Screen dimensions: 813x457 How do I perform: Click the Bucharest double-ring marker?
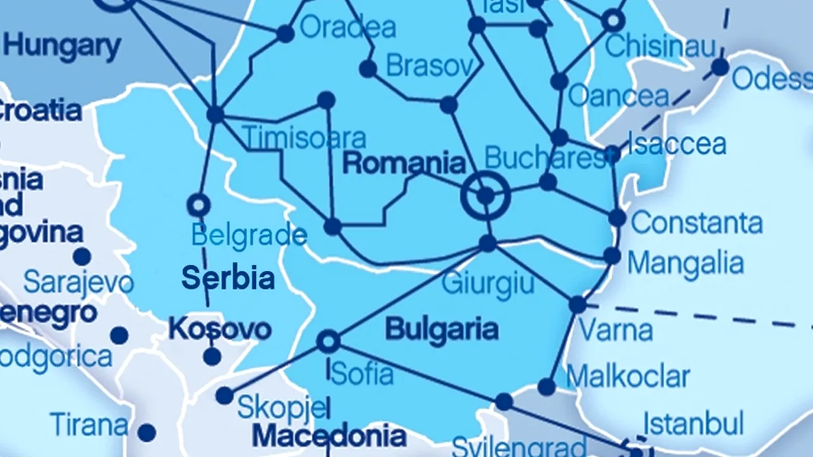(485, 195)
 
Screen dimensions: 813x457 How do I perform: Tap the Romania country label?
(404, 163)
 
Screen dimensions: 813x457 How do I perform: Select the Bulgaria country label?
(441, 329)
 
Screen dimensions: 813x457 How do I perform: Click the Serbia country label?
(228, 278)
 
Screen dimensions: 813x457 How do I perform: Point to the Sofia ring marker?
(328, 341)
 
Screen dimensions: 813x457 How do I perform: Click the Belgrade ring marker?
(198, 205)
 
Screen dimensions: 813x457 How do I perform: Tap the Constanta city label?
(697, 223)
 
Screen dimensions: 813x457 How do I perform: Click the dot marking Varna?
(577, 305)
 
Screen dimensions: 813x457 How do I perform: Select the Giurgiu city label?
(488, 283)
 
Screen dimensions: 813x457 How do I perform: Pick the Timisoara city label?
(304, 138)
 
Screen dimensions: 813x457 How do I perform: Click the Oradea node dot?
(285, 34)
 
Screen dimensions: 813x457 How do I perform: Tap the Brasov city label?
(430, 65)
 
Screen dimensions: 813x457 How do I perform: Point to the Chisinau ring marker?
(613, 20)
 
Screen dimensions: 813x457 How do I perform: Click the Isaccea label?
(677, 144)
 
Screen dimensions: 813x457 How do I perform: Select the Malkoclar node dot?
(546, 386)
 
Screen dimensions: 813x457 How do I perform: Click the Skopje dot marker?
(224, 395)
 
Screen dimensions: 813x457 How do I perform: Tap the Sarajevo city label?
(79, 283)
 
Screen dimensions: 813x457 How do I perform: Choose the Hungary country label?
(62, 46)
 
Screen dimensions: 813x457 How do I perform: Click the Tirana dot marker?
(147, 433)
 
